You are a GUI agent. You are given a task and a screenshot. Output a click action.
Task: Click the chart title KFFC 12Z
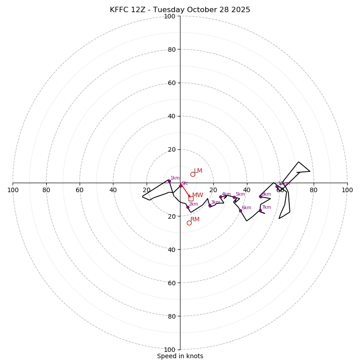[180, 10]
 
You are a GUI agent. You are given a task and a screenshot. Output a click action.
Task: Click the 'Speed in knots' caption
[180, 356]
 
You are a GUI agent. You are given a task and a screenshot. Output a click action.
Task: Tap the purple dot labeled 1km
[169, 181]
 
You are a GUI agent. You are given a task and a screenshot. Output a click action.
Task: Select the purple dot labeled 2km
[188, 207]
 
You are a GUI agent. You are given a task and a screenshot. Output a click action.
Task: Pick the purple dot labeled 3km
[210, 206]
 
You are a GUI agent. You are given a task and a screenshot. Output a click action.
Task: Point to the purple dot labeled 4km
[220, 197]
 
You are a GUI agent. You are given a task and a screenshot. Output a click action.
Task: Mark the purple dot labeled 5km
[234, 197]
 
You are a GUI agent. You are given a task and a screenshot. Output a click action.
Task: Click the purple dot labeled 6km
[240, 211]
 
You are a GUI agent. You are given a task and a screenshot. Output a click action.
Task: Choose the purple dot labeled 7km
[260, 210]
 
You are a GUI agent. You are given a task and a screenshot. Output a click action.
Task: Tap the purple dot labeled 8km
[261, 197]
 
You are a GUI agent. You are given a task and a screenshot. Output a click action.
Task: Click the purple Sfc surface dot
[181, 185]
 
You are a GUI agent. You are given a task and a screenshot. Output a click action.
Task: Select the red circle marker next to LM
[193, 174]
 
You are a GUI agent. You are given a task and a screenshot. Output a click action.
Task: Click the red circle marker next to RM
[189, 223]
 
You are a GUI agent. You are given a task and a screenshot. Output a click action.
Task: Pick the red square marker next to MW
[191, 198]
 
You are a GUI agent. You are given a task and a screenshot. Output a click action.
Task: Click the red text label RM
[195, 220]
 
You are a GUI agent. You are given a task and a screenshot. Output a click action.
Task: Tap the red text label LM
[198, 171]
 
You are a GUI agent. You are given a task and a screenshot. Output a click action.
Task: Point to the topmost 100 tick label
[170, 16]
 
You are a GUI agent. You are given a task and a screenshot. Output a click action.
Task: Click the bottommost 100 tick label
[170, 350]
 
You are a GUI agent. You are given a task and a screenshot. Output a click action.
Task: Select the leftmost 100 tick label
[13, 190]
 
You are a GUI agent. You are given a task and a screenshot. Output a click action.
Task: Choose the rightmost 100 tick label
[347, 190]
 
